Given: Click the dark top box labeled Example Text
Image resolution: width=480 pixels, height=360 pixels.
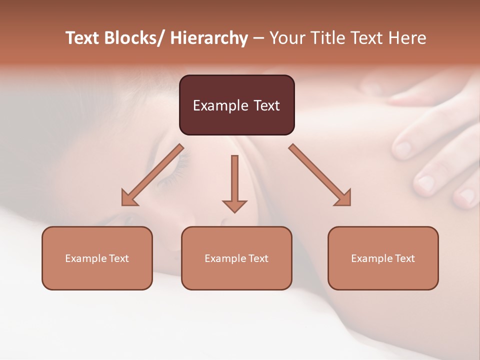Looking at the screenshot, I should coord(236,105).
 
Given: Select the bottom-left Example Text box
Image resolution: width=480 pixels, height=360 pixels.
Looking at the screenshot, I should coord(97,258).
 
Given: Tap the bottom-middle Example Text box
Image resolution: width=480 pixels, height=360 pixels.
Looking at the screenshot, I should coord(236,258).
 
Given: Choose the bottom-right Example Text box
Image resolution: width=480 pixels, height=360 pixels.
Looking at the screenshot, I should coord(383,258).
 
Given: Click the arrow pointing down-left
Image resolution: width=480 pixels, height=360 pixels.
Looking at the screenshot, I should coord(152,175).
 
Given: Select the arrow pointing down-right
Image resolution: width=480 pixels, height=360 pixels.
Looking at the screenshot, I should coord(320,175).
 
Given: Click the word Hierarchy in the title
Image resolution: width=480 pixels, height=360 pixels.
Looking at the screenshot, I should coord(209,38).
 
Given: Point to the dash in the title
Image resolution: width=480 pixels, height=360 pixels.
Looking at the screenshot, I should coord(258,38).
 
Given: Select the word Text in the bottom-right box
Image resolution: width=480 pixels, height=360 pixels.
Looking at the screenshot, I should coord(404,258).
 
